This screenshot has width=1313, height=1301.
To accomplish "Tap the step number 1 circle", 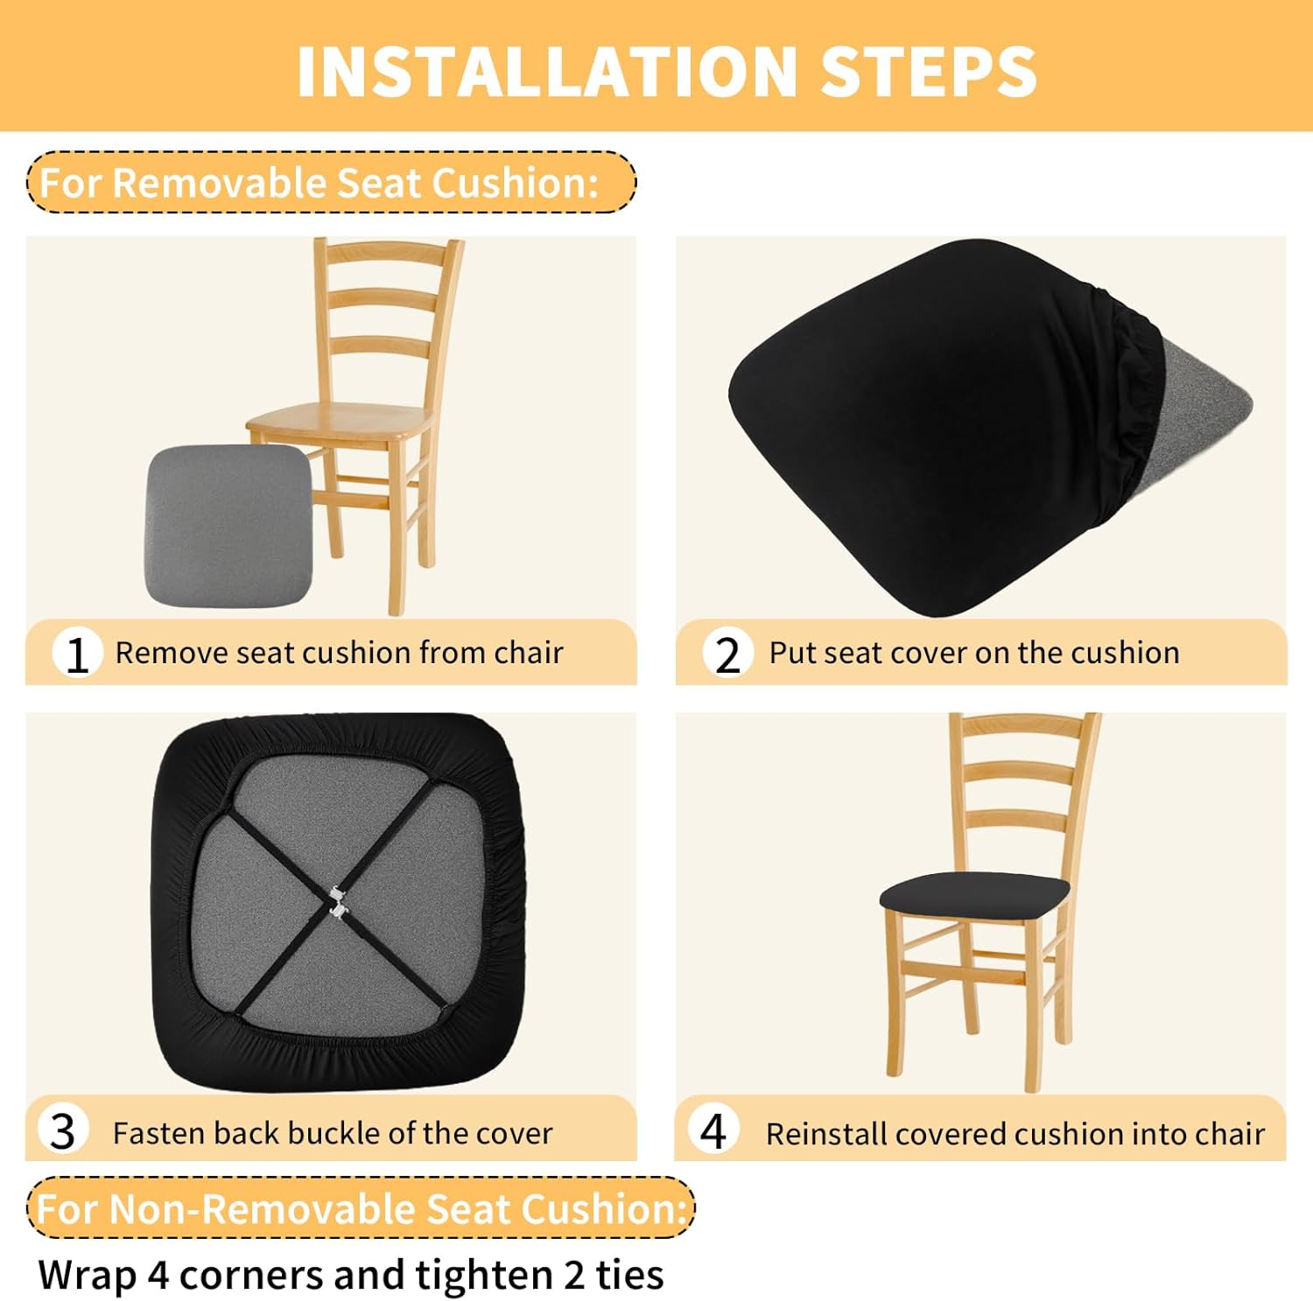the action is pyautogui.click(x=77, y=653).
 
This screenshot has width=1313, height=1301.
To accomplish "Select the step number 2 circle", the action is pyautogui.click(x=727, y=653).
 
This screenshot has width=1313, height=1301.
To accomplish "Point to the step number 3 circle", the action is pyautogui.click(x=63, y=1130).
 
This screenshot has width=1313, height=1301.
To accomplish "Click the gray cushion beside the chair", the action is pyautogui.click(x=228, y=525).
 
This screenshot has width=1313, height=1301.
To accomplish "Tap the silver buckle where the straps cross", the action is pyautogui.click(x=339, y=902).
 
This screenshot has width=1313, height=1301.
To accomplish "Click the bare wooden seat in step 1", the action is pyautogui.click(x=341, y=421).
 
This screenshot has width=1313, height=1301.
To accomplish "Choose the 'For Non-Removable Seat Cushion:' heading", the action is pyautogui.click(x=361, y=1208).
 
